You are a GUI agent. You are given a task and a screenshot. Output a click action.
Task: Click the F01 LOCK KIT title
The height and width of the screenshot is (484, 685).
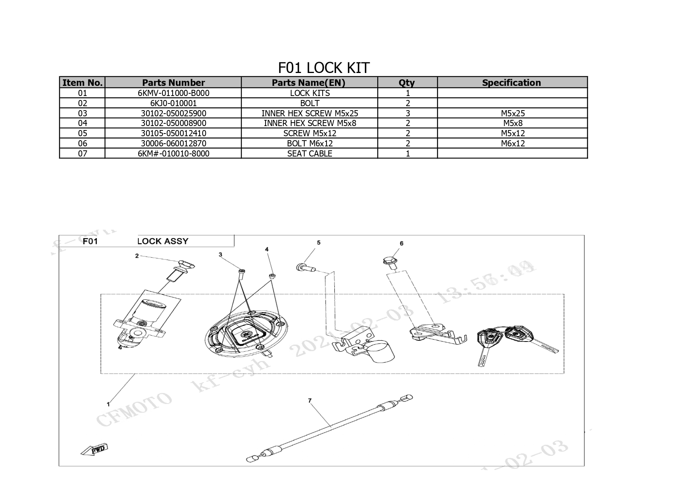[323, 68]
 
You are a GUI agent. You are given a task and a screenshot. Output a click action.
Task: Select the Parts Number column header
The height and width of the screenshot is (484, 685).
[173, 83]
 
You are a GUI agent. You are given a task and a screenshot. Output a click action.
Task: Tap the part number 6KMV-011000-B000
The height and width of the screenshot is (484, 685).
[173, 93]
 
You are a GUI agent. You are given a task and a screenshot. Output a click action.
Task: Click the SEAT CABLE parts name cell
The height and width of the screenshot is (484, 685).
[310, 154]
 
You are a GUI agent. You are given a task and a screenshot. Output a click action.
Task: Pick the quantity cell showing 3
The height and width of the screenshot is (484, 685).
[408, 114]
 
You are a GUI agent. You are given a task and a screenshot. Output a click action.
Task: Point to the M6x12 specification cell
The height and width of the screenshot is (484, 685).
[513, 144]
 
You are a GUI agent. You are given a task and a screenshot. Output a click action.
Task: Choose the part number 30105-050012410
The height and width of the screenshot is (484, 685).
[173, 133]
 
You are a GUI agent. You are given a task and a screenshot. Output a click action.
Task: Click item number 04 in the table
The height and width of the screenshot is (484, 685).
[82, 123]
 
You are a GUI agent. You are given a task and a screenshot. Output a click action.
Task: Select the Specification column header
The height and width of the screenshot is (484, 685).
[512, 83]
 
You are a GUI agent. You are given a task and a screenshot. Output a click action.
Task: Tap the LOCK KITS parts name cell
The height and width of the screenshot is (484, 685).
[310, 93]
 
